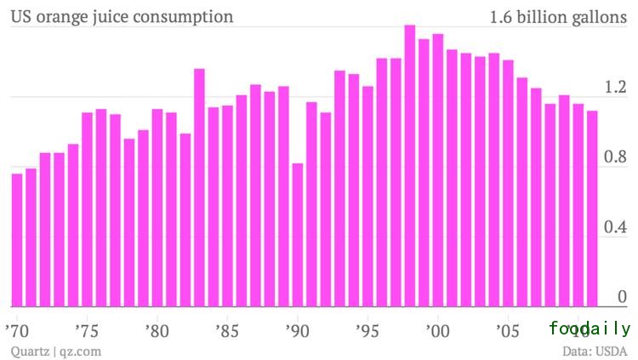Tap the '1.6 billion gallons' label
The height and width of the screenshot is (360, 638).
[558, 16]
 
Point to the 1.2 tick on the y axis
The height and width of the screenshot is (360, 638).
[615, 87]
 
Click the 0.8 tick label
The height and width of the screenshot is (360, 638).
[615, 157]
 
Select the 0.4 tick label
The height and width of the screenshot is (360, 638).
[615, 228]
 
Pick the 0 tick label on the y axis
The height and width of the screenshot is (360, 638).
[622, 297]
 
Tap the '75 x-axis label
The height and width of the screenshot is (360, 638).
[87, 329]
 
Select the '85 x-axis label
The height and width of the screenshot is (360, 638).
[226, 329]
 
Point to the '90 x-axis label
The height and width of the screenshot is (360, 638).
[297, 329]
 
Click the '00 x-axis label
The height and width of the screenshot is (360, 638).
[437, 329]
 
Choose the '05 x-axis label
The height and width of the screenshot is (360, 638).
[508, 329]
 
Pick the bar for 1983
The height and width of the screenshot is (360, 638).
[199, 187]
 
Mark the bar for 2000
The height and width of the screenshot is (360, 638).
[437, 170]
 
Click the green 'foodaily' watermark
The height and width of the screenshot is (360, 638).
[590, 329]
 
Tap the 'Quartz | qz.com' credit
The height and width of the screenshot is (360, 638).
[55, 350]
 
